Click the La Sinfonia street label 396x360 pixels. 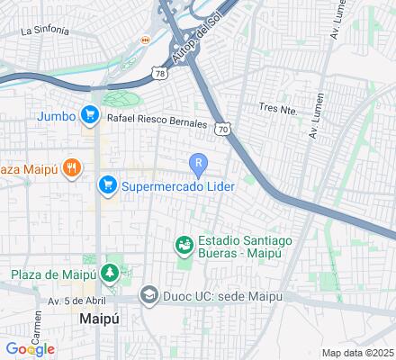click(x=44, y=30)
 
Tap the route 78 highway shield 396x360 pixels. click(x=160, y=73)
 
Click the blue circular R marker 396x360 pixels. click(x=198, y=163)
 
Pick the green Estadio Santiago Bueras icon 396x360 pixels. click(x=184, y=244)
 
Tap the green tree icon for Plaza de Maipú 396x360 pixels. click(x=110, y=271)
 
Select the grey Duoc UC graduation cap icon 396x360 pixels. click(x=147, y=296)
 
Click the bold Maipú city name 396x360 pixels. click(x=99, y=319)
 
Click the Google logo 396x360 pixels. click(x=30, y=349)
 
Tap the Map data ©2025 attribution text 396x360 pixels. click(x=358, y=352)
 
